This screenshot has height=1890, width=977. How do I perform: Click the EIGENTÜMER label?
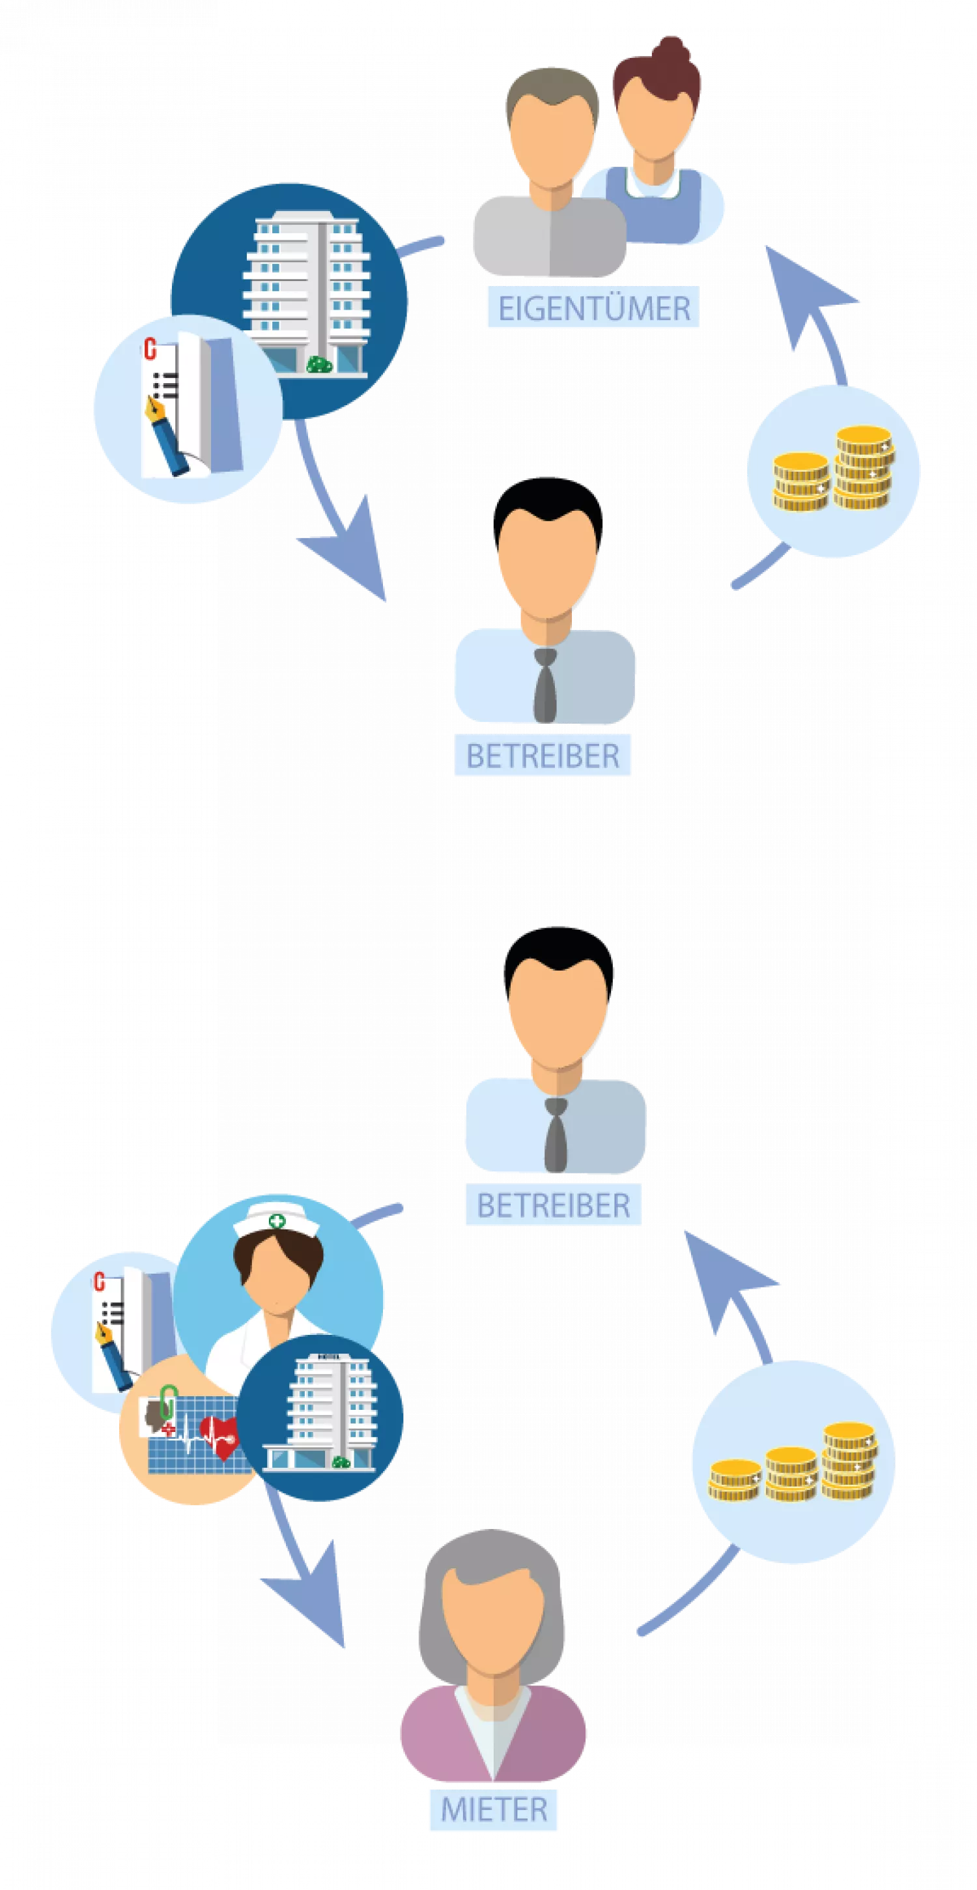[593, 309]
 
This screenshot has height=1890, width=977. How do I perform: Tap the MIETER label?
[494, 1809]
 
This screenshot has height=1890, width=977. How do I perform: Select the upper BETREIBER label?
[543, 756]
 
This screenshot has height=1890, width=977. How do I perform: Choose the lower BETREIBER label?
[553, 1205]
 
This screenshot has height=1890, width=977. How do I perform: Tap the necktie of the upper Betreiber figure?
[545, 685]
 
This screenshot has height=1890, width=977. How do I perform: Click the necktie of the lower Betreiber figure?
[555, 1134]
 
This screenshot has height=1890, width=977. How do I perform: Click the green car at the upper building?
[319, 364]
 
